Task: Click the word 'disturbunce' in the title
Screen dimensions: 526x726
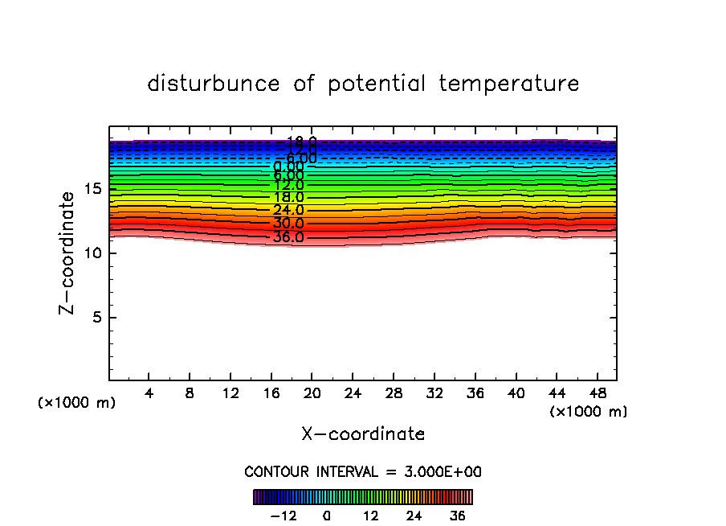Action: tap(214, 84)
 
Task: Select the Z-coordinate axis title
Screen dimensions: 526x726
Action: tap(70, 253)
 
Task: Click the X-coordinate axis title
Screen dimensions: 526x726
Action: tap(363, 434)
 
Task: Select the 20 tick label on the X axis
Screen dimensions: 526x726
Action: tap(312, 393)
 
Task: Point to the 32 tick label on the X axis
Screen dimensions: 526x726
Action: tap(434, 393)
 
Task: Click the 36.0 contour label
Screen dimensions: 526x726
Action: tap(288, 237)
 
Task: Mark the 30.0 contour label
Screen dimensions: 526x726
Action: tap(288, 224)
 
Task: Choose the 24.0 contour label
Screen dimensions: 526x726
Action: tap(288, 211)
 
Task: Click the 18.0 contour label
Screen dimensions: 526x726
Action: tap(288, 198)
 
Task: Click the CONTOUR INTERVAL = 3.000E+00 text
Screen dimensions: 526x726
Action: tap(363, 472)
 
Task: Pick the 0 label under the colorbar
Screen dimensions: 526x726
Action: tap(327, 516)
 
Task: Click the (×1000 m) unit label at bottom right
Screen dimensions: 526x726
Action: tap(589, 412)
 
